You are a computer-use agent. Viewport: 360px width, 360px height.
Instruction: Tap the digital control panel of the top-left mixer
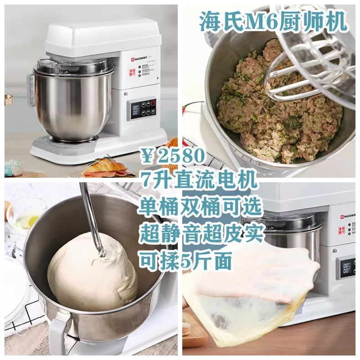click(143, 109)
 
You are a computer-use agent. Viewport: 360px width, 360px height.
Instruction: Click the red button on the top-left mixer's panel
click(153, 103)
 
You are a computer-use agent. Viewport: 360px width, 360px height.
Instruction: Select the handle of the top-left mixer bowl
click(31, 89)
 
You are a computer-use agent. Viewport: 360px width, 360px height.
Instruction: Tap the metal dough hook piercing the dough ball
click(91, 219)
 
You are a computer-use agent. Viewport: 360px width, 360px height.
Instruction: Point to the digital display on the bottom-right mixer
click(347, 267)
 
